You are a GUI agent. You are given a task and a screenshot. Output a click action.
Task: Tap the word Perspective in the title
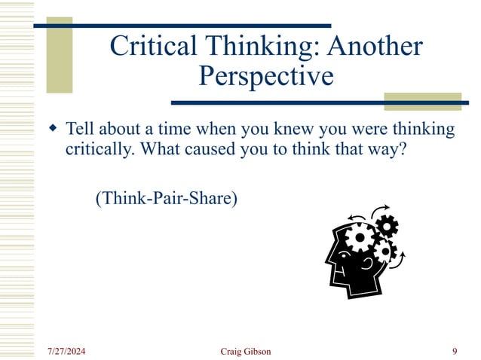[x=265, y=76]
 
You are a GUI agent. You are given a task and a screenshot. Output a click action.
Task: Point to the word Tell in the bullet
[x=81, y=130]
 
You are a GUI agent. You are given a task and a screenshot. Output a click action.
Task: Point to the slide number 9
[x=455, y=351]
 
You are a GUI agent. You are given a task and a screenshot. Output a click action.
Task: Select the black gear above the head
[x=386, y=224]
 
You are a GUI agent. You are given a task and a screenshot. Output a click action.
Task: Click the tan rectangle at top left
[x=60, y=55]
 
